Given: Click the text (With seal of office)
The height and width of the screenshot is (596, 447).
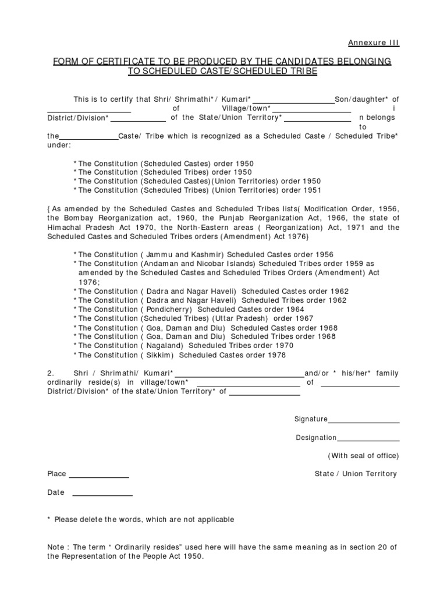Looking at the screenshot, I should (x=363, y=455).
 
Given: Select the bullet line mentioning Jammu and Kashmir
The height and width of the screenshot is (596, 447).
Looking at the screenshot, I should (x=204, y=254).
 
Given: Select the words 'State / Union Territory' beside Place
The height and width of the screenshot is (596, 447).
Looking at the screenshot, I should (x=356, y=474).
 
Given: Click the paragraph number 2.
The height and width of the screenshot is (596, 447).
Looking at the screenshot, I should (x=51, y=372).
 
